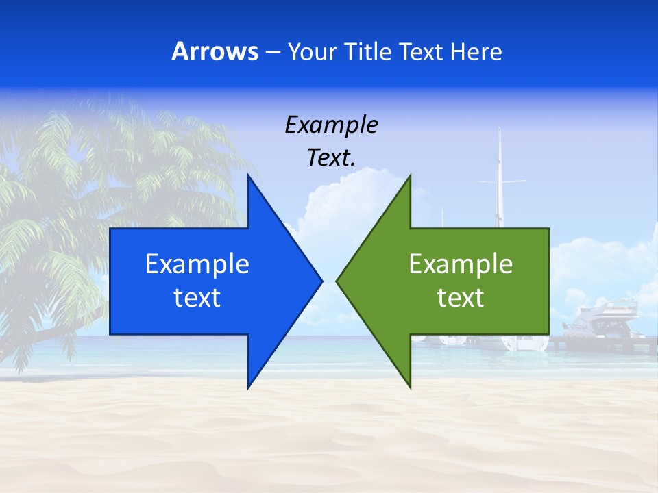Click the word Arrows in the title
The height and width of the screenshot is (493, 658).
click(215, 51)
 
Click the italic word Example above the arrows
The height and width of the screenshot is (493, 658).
click(331, 125)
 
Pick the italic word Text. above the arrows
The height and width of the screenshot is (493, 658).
click(331, 157)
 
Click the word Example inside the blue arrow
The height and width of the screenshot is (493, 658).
click(197, 264)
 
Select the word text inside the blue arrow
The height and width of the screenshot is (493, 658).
click(197, 297)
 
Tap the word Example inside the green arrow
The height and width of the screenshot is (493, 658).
click(461, 264)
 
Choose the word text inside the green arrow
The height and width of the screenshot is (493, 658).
click(461, 297)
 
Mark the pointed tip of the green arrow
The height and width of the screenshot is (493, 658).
click(339, 281)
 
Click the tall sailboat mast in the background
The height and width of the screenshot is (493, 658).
click(500, 171)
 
